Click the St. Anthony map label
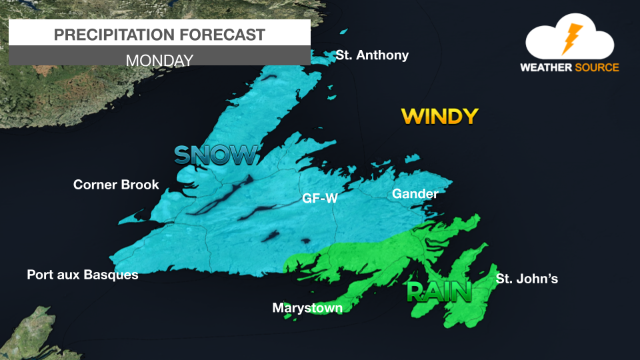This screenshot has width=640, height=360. point(372,55)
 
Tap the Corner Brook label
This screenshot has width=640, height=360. point(116,185)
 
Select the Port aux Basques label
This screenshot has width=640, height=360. point(83,275)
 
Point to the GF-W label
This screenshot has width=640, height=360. point(319,198)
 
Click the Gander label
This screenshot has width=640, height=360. point(415,194)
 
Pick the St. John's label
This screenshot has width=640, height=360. point(527,279)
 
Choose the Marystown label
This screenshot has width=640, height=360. point(307,308)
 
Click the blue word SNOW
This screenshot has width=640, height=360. point(215,155)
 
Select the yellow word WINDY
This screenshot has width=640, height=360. point(439,117)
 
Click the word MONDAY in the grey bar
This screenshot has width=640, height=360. point(159,60)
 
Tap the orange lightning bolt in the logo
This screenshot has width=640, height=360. point(571,39)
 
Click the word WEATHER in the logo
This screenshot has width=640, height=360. point(543,67)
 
